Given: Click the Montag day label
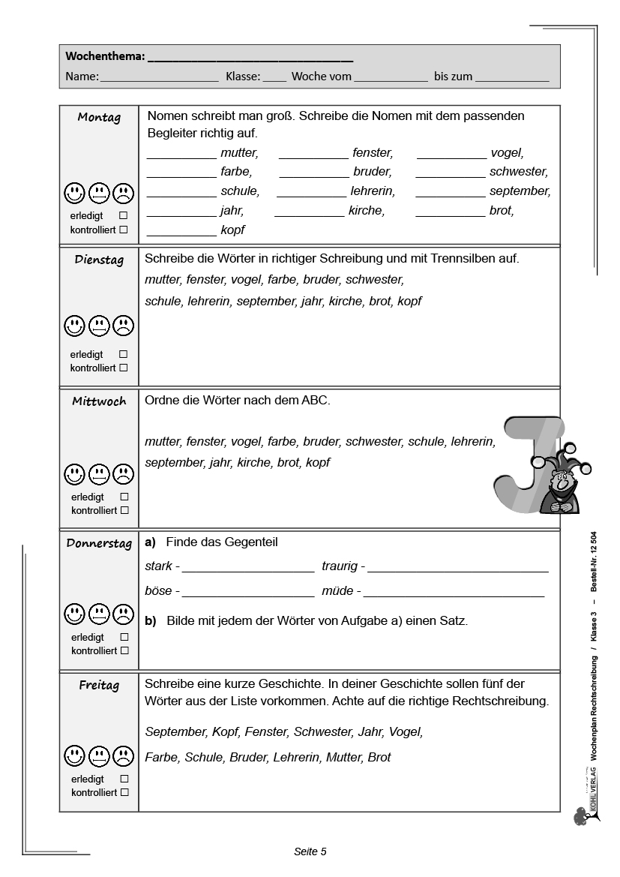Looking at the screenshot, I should click(x=99, y=118).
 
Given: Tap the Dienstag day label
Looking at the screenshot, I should click(x=99, y=260).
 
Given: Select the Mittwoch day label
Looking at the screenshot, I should click(x=99, y=401).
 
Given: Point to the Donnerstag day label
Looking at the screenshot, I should click(x=99, y=544).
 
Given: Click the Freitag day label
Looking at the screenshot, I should click(x=99, y=685).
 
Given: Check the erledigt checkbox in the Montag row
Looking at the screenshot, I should click(x=124, y=215).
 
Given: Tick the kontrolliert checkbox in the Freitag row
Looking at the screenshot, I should click(x=124, y=792).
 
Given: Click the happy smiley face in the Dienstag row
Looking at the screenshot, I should click(x=74, y=326).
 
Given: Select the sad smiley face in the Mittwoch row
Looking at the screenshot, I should click(x=123, y=474).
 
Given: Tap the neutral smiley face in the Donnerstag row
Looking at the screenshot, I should click(x=99, y=614).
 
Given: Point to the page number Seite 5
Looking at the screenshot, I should click(x=310, y=851).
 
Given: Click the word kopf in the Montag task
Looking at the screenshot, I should click(x=232, y=230).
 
